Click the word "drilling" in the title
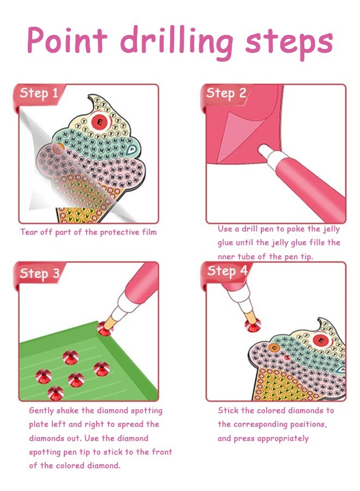(x=177, y=41)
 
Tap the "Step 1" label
(x=39, y=93)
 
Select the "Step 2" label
(x=226, y=93)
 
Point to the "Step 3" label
(x=39, y=273)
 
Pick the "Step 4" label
(x=227, y=271)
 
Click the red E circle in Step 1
(x=100, y=122)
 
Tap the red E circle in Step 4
(x=320, y=340)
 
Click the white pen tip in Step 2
(x=265, y=151)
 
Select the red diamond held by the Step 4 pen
(x=253, y=325)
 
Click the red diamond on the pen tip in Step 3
(x=105, y=329)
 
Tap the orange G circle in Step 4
(x=274, y=348)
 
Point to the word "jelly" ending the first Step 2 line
(x=331, y=229)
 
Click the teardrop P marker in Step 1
(x=132, y=151)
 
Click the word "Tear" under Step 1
(x=29, y=232)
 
